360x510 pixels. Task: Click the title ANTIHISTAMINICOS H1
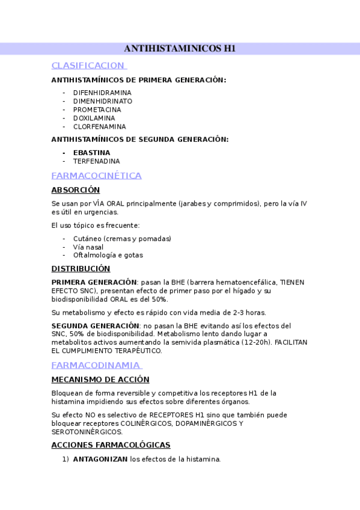tap(180, 49)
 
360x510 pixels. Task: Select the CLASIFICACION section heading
tap(88, 65)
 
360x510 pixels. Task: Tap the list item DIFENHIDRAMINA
tap(102, 93)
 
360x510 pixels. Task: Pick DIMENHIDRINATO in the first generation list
tap(103, 101)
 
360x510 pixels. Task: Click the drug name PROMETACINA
tap(97, 109)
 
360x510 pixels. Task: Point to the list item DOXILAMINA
tap(94, 118)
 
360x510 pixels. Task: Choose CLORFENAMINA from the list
tap(100, 126)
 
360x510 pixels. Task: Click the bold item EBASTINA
tap(91, 153)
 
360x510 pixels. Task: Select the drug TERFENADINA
tap(96, 161)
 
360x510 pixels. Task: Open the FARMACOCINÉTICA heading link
tap(96, 176)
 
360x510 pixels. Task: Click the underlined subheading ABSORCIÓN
tap(75, 190)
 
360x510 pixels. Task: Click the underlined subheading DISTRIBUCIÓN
tap(81, 269)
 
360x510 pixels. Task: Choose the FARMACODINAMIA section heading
tap(96, 365)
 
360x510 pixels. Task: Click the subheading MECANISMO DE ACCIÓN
tap(100, 379)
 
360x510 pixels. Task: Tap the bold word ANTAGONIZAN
tap(100, 459)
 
